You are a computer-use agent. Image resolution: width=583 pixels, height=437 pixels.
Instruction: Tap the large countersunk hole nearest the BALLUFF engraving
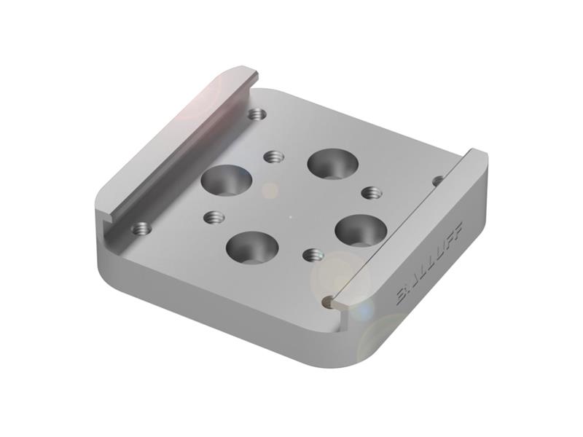(x=361, y=230)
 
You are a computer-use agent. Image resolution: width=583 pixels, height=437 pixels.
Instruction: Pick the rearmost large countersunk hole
(x=332, y=164)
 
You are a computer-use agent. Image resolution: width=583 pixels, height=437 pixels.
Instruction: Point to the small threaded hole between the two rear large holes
(x=273, y=157)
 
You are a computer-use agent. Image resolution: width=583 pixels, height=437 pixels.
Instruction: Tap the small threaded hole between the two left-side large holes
(x=214, y=217)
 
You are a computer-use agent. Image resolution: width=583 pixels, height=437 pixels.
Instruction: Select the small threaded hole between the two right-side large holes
(x=372, y=192)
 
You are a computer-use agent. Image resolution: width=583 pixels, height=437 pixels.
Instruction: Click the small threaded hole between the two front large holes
(x=313, y=254)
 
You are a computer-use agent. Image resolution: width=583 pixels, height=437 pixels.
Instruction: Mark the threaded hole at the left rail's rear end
(x=256, y=114)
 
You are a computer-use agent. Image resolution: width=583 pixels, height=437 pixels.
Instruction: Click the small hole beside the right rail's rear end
(x=437, y=180)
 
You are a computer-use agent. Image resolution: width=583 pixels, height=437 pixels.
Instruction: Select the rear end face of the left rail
(x=251, y=75)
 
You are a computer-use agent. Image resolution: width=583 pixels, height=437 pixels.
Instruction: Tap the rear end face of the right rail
(x=477, y=156)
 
